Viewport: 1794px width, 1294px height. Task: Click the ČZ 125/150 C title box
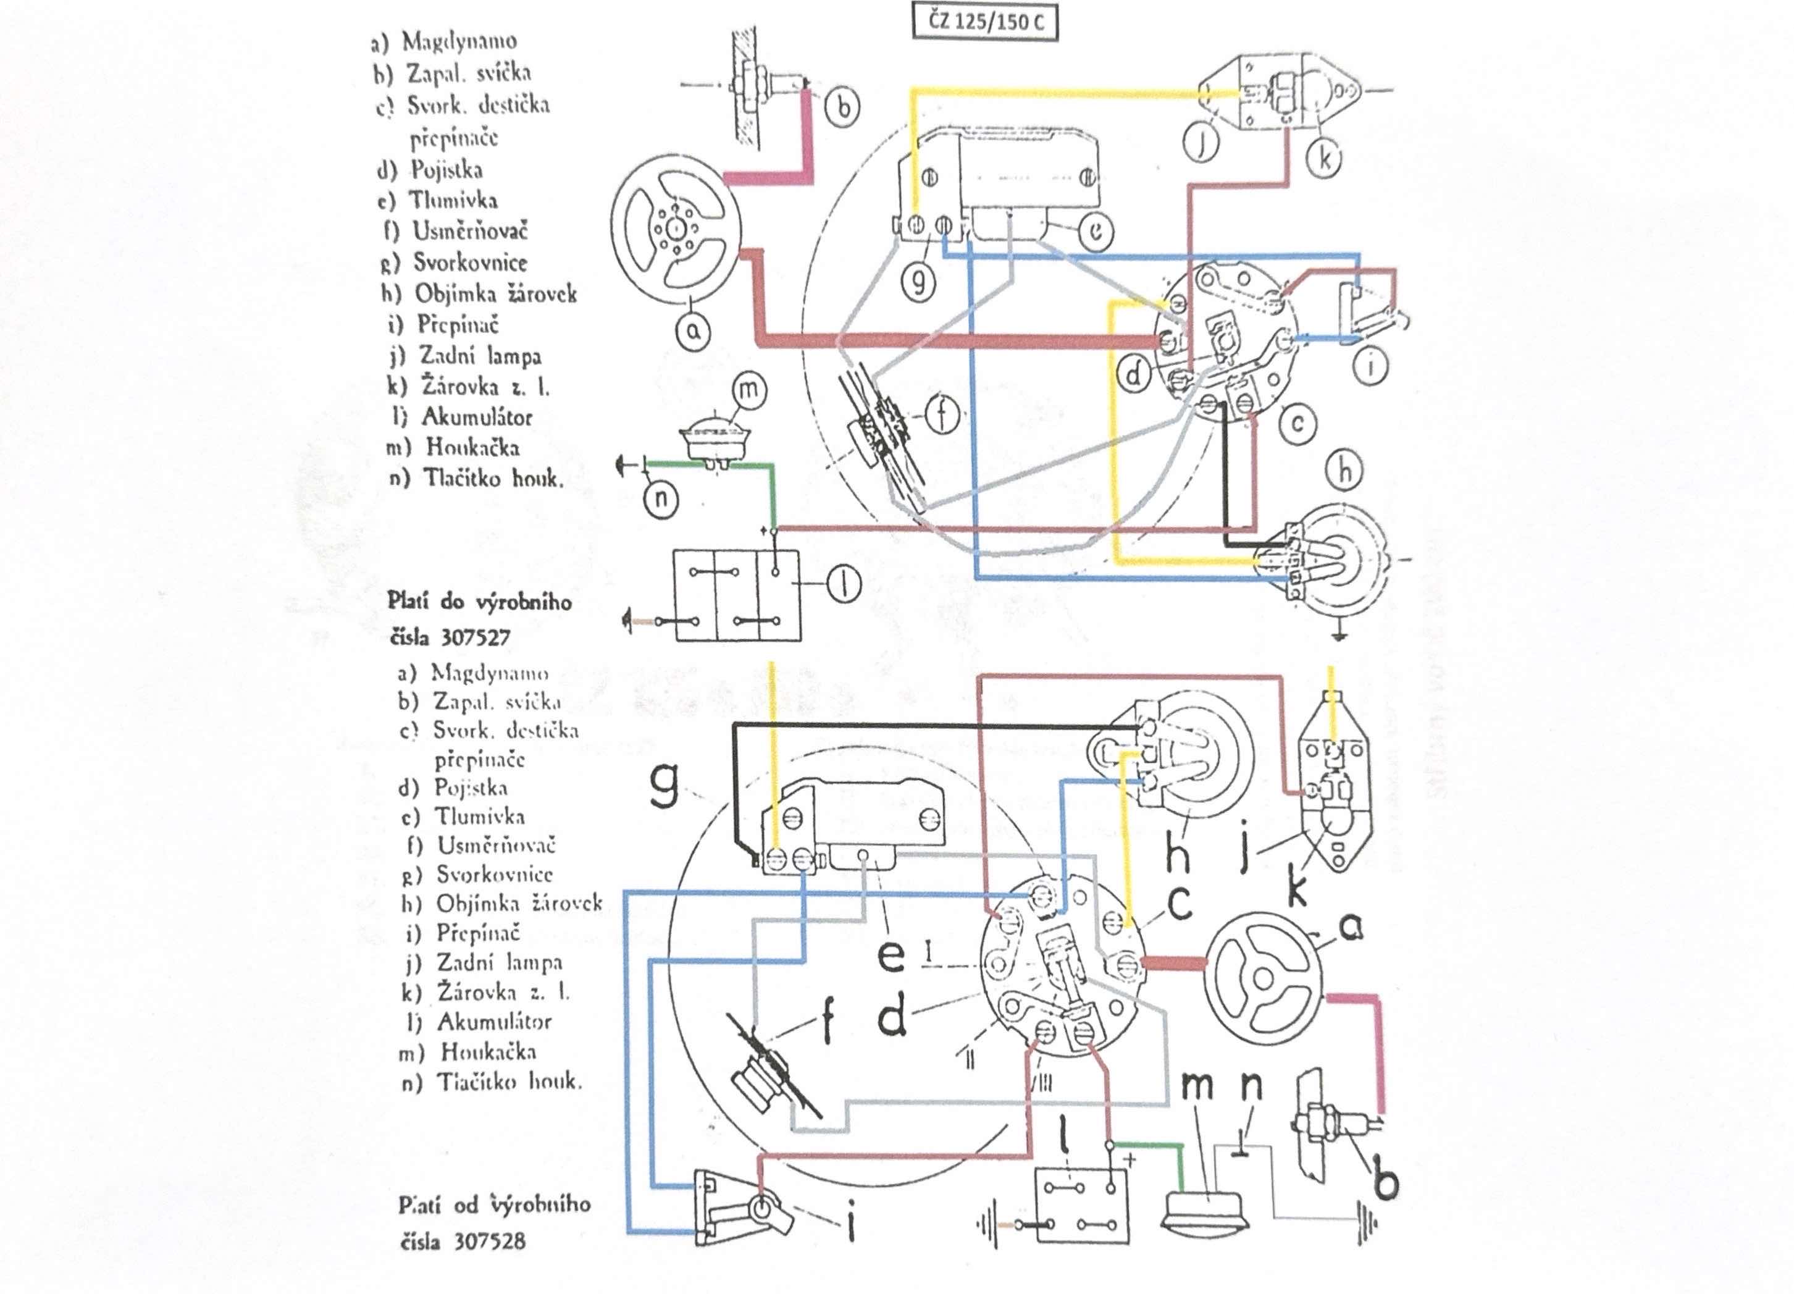(x=985, y=22)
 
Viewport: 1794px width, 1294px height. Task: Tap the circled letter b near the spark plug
(x=843, y=105)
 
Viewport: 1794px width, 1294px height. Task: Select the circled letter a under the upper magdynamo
(x=693, y=330)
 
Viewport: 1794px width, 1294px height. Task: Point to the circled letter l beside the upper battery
(x=844, y=586)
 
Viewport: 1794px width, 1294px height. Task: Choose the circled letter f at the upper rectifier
(x=943, y=414)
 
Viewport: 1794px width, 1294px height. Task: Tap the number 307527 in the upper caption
(x=475, y=637)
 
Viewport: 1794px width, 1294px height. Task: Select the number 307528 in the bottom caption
(x=489, y=1240)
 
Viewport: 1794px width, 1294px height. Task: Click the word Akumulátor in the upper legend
(x=476, y=417)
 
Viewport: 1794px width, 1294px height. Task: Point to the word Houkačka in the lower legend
(x=488, y=1052)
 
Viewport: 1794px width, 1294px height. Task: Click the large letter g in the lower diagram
(x=664, y=786)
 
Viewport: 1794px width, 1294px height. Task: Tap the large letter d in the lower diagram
(x=892, y=1018)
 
